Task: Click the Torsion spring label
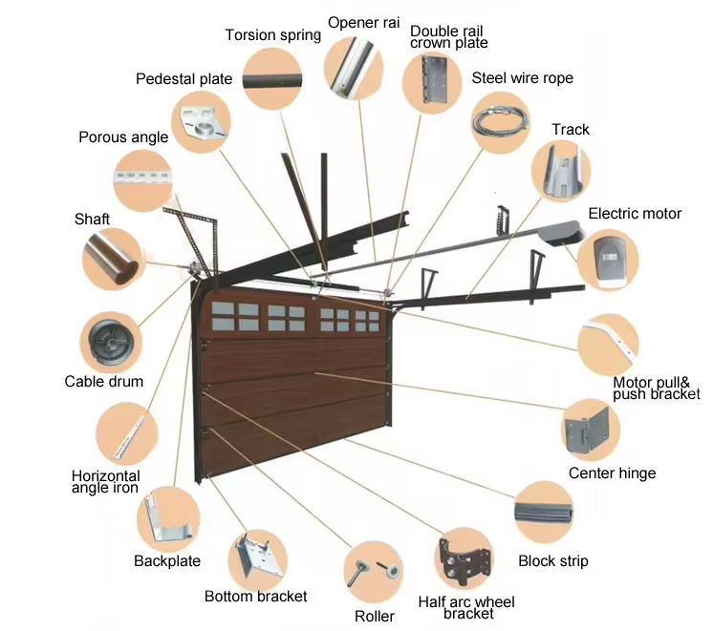(272, 35)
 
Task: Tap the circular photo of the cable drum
(109, 341)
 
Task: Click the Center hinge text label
(612, 473)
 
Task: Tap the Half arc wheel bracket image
(465, 559)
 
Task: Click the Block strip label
(552, 561)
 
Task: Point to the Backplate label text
(167, 561)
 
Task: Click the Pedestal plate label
(184, 78)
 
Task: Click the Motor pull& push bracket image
(609, 343)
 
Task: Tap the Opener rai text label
(363, 22)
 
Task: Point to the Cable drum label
(104, 382)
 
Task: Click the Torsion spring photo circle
(272, 79)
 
